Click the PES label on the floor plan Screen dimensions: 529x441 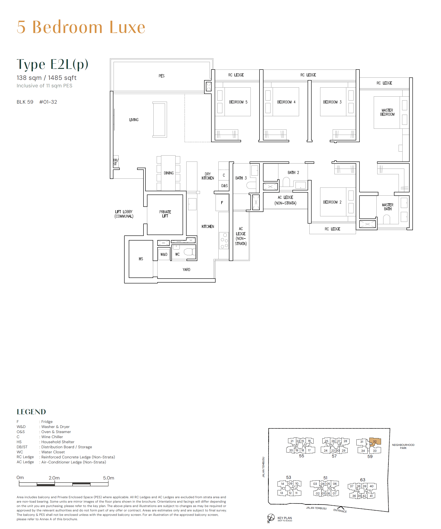pos(162,76)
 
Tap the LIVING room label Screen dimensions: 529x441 pos(134,120)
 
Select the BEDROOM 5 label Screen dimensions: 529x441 pos(238,102)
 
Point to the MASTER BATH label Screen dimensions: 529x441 pos(387,207)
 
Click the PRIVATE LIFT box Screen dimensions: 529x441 pos(165,214)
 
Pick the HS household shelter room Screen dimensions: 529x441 pos(141,259)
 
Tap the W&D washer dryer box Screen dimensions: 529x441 pos(164,254)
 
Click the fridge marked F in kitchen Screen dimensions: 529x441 pos(222,202)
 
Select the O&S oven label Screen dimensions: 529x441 pos(224,186)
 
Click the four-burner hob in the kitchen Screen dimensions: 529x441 pos(224,241)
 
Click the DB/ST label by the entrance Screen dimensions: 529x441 pos(116,162)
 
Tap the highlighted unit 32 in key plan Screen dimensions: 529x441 pos(375,441)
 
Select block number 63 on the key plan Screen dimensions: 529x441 pos(363,480)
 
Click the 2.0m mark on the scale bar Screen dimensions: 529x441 pos(54,478)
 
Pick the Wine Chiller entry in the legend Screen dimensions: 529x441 pos(52,437)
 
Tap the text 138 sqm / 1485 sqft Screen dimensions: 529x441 pos(47,78)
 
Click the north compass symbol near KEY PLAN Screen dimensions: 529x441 pos(271,517)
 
